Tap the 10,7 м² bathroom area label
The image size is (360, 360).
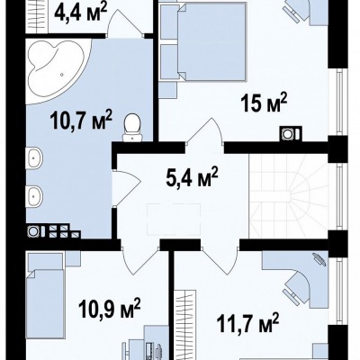pos(81,120)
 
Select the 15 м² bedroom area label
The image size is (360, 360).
pos(264,103)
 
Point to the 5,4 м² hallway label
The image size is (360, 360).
pos(192,177)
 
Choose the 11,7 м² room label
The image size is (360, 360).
pos(248,323)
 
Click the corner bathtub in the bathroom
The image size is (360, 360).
pos(58,71)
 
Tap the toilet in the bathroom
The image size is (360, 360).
pos(132,128)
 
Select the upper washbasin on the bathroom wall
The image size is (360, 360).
pos(34,157)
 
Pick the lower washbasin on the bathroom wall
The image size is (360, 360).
pos(34,196)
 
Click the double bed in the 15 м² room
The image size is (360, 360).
pos(203,42)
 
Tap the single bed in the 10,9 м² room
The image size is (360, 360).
pos(46,295)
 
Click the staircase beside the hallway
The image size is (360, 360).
pos(289,196)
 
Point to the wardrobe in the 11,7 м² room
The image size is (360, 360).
pos(185,325)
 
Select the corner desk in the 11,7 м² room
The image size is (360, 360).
pos(296,280)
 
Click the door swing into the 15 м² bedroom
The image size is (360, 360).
pos(205,131)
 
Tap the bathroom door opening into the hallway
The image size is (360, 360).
pos(126,188)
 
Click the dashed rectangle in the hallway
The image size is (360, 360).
pos(174,220)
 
